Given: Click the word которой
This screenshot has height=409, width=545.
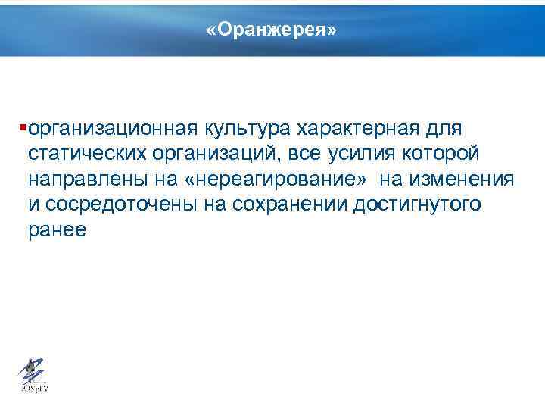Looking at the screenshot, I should click(x=447, y=153).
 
